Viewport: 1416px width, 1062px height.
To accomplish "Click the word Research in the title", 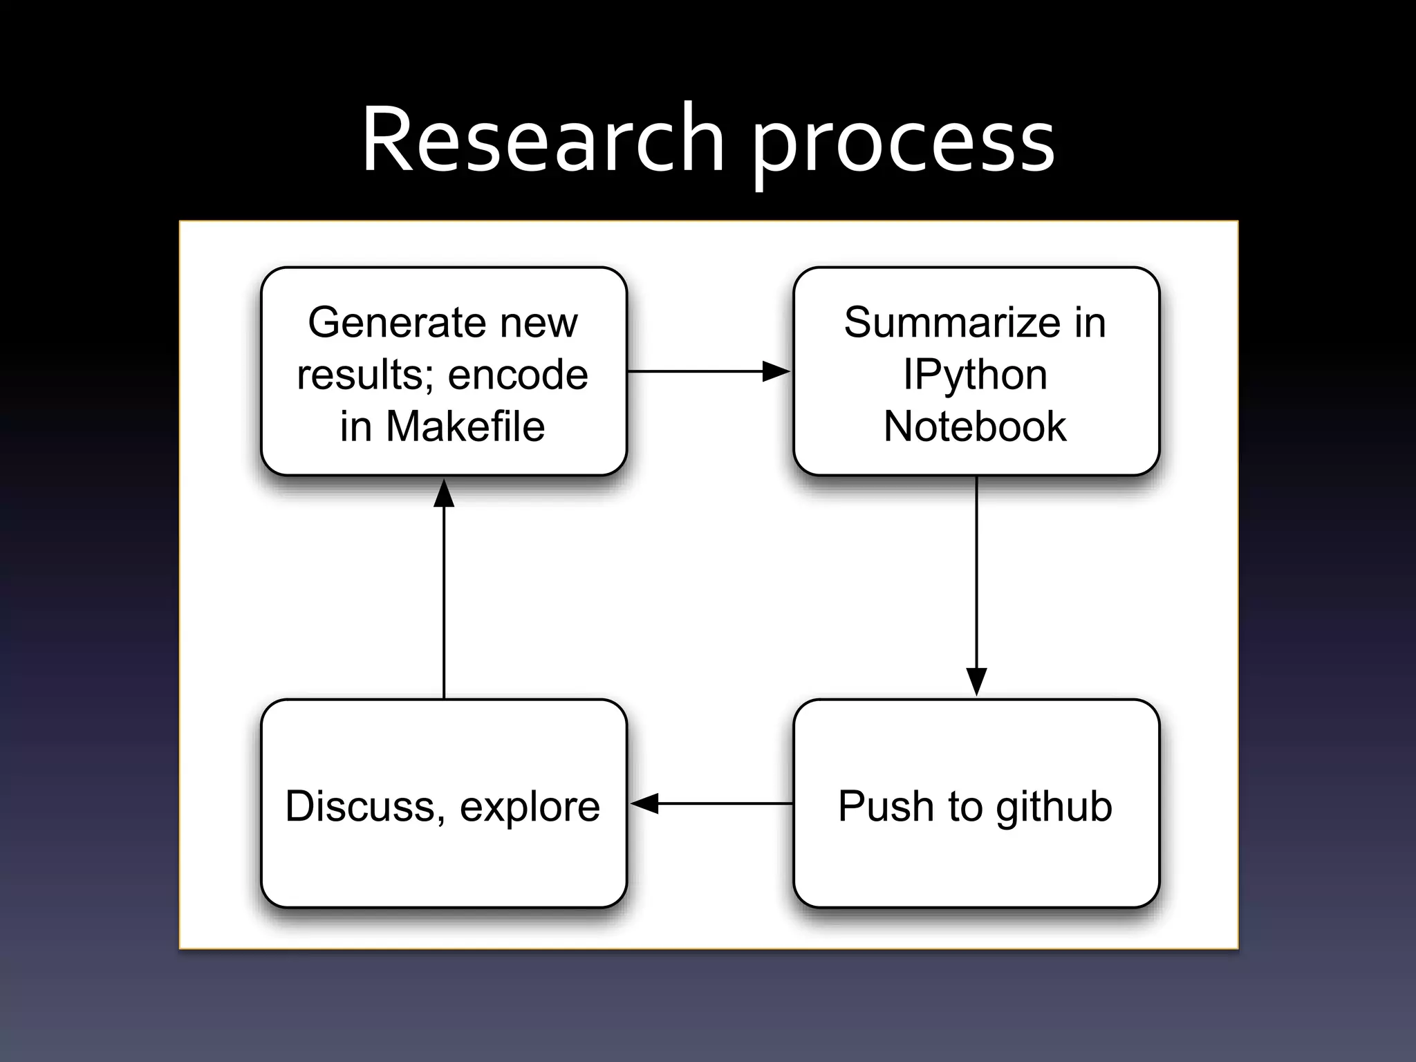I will (543, 140).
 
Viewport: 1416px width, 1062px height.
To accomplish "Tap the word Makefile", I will (465, 426).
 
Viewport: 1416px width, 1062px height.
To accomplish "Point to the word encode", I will (518, 375).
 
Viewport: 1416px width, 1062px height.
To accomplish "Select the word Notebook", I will (975, 426).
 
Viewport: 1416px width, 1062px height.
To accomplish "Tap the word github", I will (1054, 807).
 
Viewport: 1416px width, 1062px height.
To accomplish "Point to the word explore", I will (530, 808).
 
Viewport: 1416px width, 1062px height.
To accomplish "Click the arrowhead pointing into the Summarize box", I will (776, 371).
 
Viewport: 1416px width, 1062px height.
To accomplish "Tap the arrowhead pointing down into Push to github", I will (976, 682).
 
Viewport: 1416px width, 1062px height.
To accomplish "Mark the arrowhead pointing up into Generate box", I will (444, 494).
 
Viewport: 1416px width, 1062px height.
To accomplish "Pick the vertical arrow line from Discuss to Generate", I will (444, 602).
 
